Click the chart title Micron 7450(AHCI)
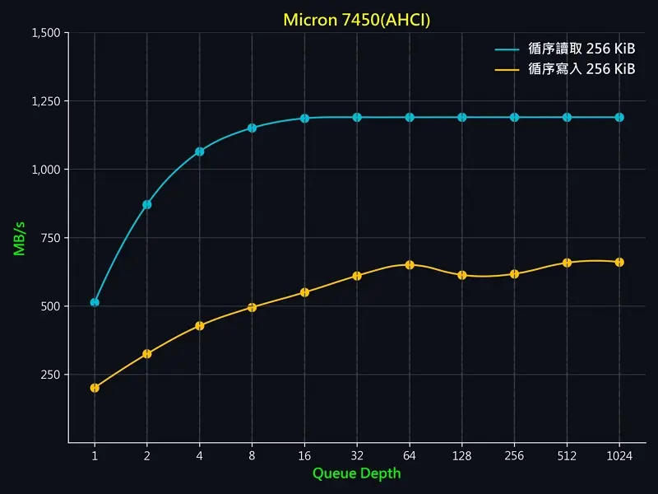coord(356,19)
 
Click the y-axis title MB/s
coord(20,238)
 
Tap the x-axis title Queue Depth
coord(356,473)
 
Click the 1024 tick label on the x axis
coord(619,454)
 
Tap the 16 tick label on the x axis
coord(304,454)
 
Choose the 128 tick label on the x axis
coord(462,454)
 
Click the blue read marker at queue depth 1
coord(95,302)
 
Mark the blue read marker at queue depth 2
coord(147,204)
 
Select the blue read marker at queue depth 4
coord(200,151)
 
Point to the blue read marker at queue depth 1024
coord(619,117)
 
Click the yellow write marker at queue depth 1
coord(95,388)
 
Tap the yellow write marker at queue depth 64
coord(410,265)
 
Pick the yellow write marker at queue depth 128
coord(462,275)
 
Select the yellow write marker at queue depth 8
coord(253,307)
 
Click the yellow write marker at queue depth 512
coord(567,263)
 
